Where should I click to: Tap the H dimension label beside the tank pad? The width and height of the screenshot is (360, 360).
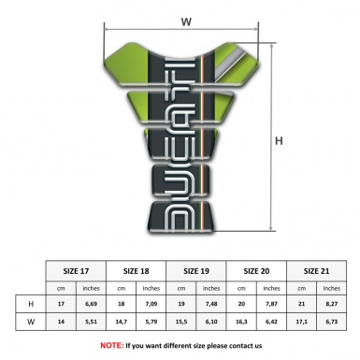278,141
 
